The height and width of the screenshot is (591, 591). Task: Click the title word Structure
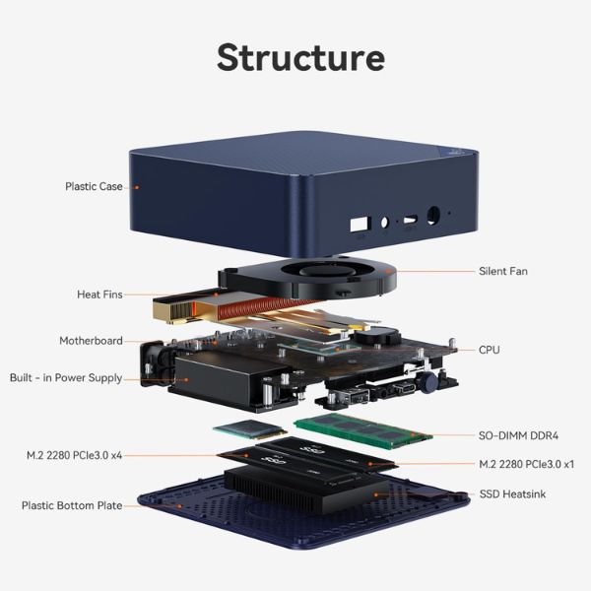[x=300, y=56]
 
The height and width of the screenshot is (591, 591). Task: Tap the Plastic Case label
[x=94, y=186]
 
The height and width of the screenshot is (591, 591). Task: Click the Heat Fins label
[x=99, y=295]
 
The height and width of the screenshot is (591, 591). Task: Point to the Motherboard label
[x=91, y=341]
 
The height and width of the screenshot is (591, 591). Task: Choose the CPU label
[x=489, y=350]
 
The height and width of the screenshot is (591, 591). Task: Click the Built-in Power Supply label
[x=66, y=378]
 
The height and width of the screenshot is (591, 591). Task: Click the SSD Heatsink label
[x=511, y=493]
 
